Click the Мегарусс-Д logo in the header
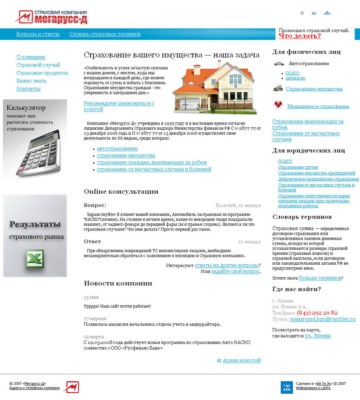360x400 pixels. point(51,17)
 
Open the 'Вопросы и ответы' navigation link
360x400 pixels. point(38,34)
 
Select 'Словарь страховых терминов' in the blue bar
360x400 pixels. point(105,34)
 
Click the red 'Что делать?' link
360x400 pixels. point(300,36)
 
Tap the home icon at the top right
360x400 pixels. point(302,13)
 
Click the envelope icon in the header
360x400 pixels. point(314,13)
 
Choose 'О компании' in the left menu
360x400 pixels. point(31,57)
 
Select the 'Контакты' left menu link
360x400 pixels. point(28,89)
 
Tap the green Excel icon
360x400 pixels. point(35,260)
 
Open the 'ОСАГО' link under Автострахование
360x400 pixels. point(292,73)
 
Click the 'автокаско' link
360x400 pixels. point(295,78)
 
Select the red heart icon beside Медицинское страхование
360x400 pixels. point(278,105)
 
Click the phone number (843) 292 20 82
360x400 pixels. point(317,312)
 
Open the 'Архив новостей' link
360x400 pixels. point(242,360)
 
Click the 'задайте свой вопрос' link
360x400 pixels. point(235,271)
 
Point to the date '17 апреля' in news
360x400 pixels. point(95,319)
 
